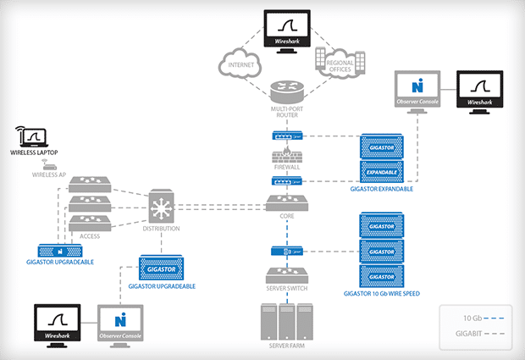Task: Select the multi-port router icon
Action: pyautogui.click(x=287, y=91)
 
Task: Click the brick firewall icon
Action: pyautogui.click(x=287, y=157)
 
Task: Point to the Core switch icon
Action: pyautogui.click(x=287, y=203)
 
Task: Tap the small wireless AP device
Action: pyautogui.click(x=48, y=165)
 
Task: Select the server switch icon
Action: pyautogui.click(x=287, y=276)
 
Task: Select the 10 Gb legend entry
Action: pyautogui.click(x=477, y=318)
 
